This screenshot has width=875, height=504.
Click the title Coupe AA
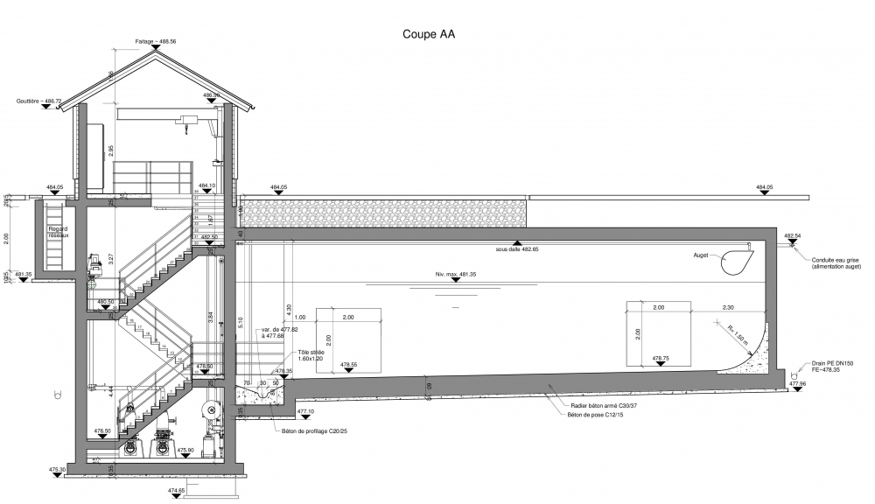[x=428, y=35]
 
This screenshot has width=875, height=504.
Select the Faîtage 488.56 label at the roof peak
[x=155, y=41]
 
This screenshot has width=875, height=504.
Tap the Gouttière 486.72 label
[x=38, y=101]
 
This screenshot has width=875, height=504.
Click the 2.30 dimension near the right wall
[x=728, y=307]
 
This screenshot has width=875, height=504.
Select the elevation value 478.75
[x=661, y=358]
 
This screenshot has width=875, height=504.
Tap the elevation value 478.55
[x=348, y=364]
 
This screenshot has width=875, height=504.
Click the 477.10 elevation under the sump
[x=305, y=409]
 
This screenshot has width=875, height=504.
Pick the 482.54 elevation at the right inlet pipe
[x=793, y=236]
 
